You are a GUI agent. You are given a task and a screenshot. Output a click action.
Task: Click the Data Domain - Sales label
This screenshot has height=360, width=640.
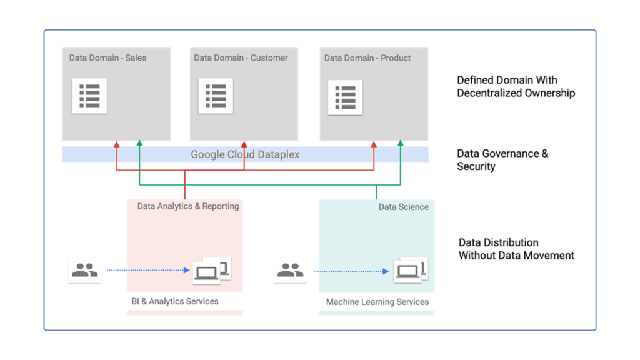tap(107, 57)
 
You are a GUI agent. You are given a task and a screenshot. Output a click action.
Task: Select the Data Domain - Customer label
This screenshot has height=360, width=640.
tap(241, 57)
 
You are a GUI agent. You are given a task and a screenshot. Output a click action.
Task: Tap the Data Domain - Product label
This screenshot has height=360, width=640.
tap(367, 57)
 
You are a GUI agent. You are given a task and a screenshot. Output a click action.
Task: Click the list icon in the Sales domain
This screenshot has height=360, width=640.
tap(89, 96)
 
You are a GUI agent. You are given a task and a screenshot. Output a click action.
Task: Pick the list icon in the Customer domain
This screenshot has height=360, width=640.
tap(216, 96)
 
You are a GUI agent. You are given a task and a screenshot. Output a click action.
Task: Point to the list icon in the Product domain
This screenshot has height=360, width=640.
tap(345, 97)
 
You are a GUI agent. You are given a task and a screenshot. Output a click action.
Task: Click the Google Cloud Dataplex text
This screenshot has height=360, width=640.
tap(245, 154)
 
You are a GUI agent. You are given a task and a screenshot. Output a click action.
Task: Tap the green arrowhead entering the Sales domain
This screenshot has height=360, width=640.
tap(139, 144)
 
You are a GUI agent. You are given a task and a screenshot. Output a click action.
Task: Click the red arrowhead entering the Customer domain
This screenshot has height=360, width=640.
tap(244, 144)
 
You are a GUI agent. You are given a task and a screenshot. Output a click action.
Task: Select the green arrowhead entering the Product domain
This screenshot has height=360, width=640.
tap(400, 144)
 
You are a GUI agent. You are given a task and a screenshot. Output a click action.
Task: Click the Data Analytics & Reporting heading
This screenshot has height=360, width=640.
tap(188, 206)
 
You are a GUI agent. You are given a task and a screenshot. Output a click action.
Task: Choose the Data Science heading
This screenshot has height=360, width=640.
tap(404, 207)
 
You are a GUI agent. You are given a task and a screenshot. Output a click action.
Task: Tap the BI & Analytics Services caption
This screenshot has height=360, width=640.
tap(175, 301)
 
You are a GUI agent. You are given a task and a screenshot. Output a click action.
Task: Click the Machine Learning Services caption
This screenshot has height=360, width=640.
tap(377, 302)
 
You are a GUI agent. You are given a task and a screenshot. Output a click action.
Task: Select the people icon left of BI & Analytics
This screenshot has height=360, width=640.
tap(84, 270)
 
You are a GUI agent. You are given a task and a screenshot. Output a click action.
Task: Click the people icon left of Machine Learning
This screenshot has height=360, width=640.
tap(290, 271)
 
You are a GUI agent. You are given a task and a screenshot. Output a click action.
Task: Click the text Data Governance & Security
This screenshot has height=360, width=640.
tap(502, 160)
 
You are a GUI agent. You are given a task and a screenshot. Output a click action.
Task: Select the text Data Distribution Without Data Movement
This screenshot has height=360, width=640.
tap(516, 249)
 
